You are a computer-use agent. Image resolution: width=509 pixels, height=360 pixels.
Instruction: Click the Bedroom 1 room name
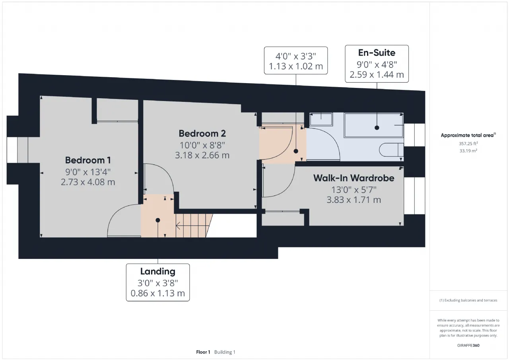pos(88,160)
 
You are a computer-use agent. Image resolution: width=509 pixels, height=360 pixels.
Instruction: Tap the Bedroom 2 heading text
pos(202,133)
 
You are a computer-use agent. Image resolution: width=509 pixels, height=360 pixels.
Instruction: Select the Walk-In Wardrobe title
pos(354,178)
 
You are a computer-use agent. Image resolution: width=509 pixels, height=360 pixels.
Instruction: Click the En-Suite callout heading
pos(377,53)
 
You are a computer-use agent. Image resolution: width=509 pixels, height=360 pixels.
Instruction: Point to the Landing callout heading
pos(158,271)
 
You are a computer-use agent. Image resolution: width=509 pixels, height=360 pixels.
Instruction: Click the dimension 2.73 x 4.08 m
pos(88,182)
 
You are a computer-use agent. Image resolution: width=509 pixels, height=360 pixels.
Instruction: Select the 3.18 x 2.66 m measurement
pos(202,155)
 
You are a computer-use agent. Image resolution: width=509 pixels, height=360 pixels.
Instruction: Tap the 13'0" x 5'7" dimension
pos(354,189)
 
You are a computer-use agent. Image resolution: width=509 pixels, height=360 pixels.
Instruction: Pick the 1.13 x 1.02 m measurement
pos(296,66)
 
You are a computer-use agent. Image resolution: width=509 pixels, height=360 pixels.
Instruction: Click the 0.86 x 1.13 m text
pos(158,293)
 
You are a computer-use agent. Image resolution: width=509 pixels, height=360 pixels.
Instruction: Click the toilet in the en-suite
pos(391,150)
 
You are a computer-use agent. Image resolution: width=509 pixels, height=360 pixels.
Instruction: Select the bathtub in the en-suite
pos(374,125)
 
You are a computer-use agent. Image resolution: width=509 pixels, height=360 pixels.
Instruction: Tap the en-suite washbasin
pos(321,119)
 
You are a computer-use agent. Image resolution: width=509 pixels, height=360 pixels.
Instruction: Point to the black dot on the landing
pos(158,220)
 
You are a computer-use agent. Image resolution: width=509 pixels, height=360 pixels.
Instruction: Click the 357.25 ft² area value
pos(468,144)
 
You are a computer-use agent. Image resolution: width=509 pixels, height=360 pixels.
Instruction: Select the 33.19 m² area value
pos(468,151)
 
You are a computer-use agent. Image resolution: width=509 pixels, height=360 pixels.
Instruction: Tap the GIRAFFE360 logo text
pos(468,345)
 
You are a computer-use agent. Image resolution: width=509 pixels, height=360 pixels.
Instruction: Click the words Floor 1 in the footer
pos(203,352)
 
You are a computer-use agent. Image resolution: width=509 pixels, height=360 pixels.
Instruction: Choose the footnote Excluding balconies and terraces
pos(468,300)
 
